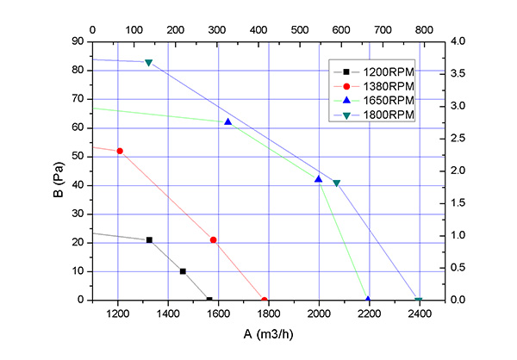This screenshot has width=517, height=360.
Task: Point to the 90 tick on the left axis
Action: pyautogui.click(x=77, y=41)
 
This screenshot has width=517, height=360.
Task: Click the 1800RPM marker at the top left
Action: pyautogui.click(x=149, y=63)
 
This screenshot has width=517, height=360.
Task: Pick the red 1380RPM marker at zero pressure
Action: pyautogui.click(x=264, y=301)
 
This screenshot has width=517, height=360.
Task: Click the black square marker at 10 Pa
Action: pyautogui.click(x=183, y=271)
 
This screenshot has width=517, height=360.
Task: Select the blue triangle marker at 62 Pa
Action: pyautogui.click(x=228, y=121)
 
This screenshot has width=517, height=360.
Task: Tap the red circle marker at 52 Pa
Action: pyautogui.click(x=120, y=151)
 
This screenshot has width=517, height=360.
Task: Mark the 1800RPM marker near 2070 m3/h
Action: pyautogui.click(x=337, y=183)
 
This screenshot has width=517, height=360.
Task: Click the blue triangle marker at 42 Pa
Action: pyautogui.click(x=319, y=179)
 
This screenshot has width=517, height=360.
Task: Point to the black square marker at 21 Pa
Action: pyautogui.click(x=149, y=239)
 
